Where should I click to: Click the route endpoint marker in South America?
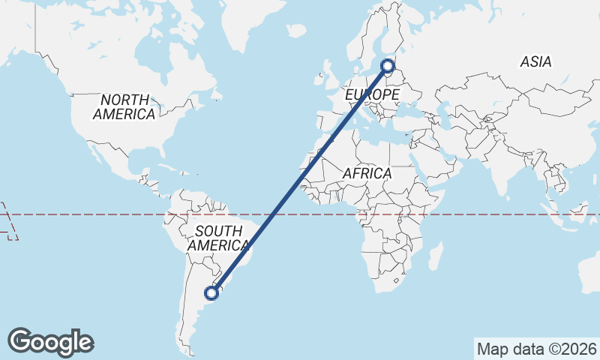(213, 293)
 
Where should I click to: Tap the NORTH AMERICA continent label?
(125, 106)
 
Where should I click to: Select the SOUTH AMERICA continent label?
(218, 238)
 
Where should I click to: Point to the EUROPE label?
(371, 95)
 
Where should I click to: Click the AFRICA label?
(367, 173)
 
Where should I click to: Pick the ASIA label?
(535, 62)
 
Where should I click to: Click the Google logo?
(50, 342)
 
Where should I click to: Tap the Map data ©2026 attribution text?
(536, 349)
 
